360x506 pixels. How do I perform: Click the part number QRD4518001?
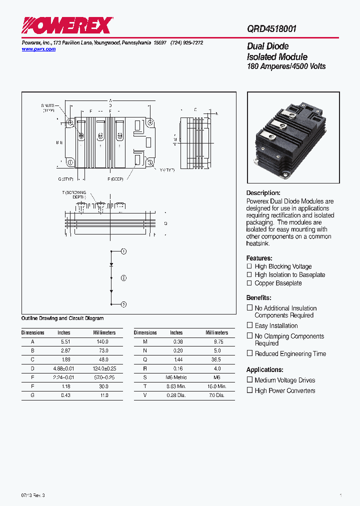[271, 29]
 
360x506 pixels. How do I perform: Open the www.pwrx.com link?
[38, 49]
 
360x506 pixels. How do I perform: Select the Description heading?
[263, 193]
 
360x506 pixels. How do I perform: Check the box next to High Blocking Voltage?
[249, 266]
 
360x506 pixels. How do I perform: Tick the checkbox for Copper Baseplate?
[249, 283]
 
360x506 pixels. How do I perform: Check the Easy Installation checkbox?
[249, 325]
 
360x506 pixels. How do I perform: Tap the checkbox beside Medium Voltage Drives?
[249, 380]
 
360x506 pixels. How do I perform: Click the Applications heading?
[264, 369]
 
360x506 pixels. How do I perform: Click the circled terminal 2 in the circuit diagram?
[123, 277]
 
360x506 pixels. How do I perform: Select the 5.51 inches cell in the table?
[64, 341]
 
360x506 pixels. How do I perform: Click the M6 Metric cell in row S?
[176, 377]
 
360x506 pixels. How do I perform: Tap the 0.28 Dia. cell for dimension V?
[176, 395]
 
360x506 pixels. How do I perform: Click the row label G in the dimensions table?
[33, 395]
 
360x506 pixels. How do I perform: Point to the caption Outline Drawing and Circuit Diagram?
[62, 318]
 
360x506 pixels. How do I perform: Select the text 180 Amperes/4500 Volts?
[286, 66]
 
